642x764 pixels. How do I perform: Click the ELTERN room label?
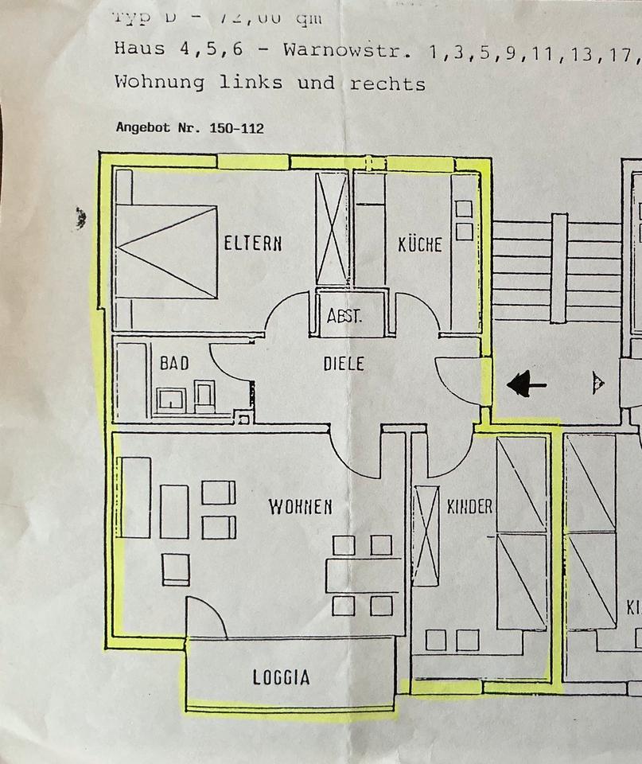252,244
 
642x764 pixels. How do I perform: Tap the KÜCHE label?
419,244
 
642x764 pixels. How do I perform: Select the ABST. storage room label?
344,316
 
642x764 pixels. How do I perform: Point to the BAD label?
174,364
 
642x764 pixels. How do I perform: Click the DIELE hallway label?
344,364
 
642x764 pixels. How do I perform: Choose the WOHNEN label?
300,507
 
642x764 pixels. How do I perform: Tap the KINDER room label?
469,507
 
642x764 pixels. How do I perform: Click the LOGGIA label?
281,678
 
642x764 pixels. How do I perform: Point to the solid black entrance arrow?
527,386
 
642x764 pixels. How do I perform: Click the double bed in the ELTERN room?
165,251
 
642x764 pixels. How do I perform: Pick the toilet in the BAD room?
204,396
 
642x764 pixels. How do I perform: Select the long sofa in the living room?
135,497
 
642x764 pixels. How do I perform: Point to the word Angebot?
143,127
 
